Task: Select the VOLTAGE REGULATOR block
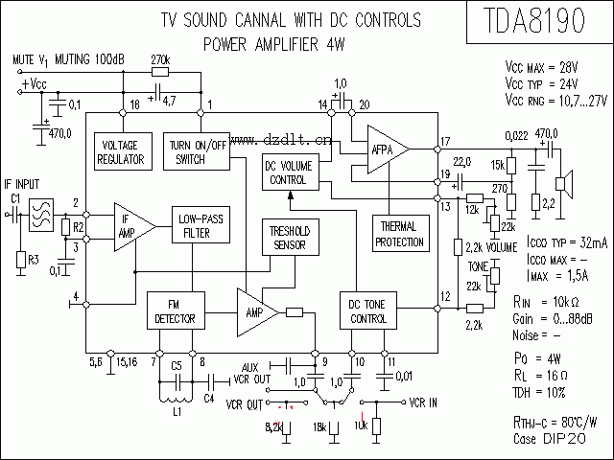(123, 151)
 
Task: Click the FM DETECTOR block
(176, 311)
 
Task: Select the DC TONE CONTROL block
(367, 311)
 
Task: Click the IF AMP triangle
(130, 225)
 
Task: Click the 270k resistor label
(161, 59)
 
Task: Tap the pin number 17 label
(444, 142)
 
